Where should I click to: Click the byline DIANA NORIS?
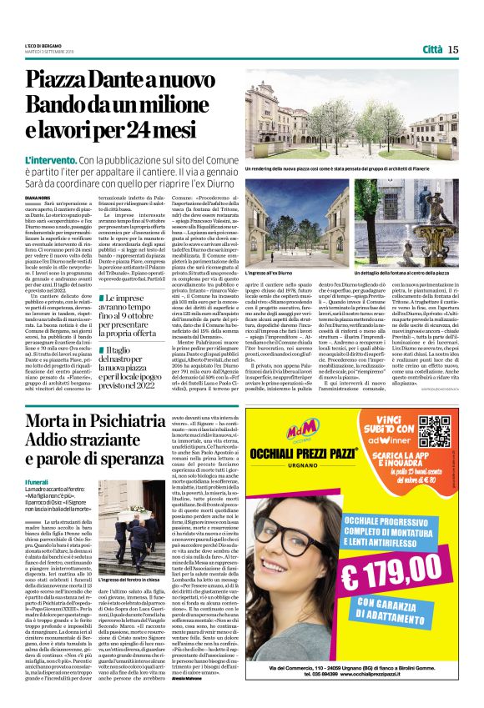pos(38,197)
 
